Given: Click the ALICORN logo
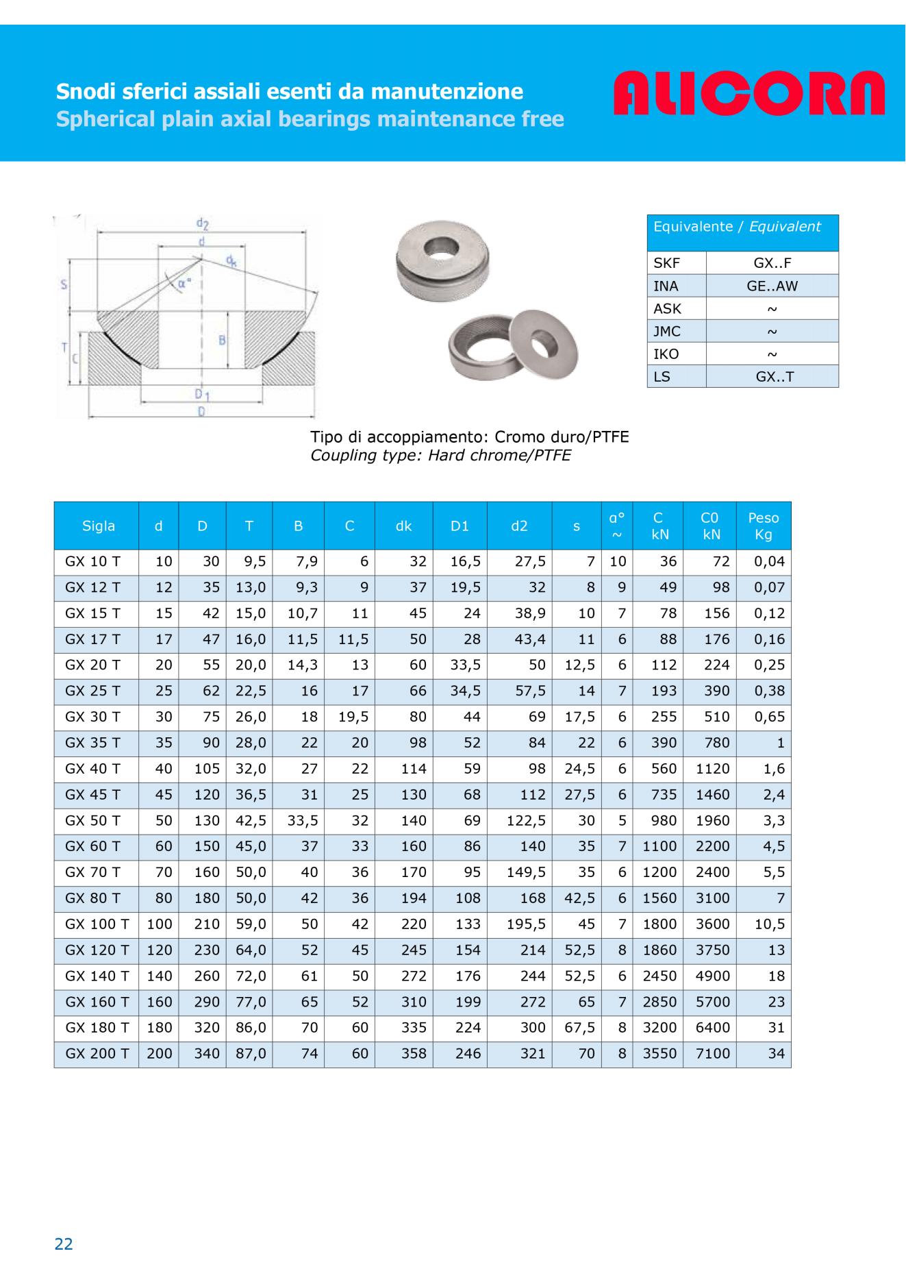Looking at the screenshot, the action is click(x=749, y=93).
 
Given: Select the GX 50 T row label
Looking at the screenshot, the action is click(x=92, y=821).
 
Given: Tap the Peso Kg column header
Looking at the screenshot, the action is click(x=764, y=526).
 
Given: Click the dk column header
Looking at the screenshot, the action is click(x=403, y=526).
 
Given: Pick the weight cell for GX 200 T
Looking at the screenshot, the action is click(x=776, y=1054).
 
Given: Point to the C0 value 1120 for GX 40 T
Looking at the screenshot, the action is click(x=713, y=769).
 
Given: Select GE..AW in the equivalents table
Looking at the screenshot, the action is click(x=772, y=286).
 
